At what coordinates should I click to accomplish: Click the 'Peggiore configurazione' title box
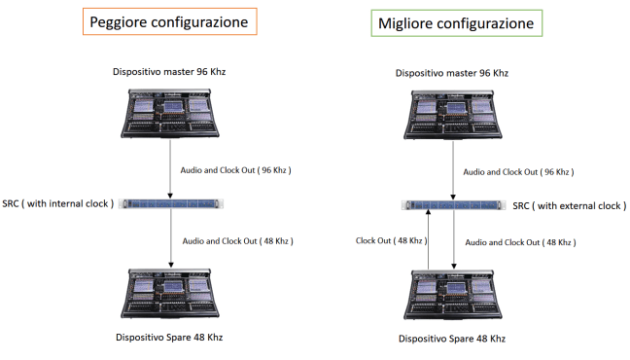pyautogui.click(x=169, y=21)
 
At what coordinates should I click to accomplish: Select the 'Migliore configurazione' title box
pyautogui.click(x=456, y=23)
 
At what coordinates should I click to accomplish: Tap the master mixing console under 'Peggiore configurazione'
pyautogui.click(x=170, y=114)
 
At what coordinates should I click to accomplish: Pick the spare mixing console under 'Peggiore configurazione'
pyautogui.click(x=170, y=294)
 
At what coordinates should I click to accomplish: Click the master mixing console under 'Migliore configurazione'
pyautogui.click(x=453, y=115)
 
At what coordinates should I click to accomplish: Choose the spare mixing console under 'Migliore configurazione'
pyautogui.click(x=453, y=295)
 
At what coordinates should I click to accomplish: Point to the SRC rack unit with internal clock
pyautogui.click(x=171, y=204)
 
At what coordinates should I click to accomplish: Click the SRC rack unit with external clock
pyautogui.click(x=454, y=205)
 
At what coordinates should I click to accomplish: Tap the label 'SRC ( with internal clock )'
pyautogui.click(x=58, y=204)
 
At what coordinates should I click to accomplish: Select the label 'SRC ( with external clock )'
pyautogui.click(x=570, y=206)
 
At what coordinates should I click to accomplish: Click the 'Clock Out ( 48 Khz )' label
pyautogui.click(x=392, y=241)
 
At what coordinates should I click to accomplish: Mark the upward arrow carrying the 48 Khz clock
pyautogui.click(x=429, y=239)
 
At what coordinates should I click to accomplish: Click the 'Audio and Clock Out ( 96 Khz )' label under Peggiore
pyautogui.click(x=235, y=170)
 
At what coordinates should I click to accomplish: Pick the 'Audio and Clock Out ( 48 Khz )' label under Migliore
pyautogui.click(x=520, y=242)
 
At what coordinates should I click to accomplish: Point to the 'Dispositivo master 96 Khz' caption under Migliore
pyautogui.click(x=452, y=73)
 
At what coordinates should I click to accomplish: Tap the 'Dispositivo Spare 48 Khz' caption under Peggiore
pyautogui.click(x=169, y=337)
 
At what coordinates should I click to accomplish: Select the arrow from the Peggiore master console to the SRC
pyautogui.click(x=170, y=169)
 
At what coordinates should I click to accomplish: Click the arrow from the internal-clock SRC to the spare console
pyautogui.click(x=171, y=238)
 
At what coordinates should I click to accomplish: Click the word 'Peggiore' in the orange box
pyautogui.click(x=119, y=22)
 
